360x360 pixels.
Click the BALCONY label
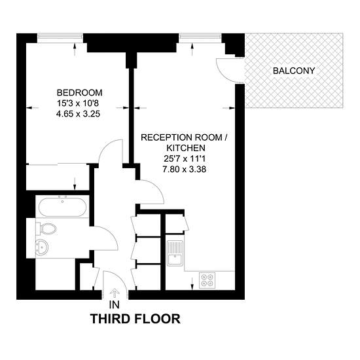[x=294, y=71]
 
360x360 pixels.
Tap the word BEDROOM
[x=79, y=93]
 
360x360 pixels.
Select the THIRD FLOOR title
[x=135, y=319]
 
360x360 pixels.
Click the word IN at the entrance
[x=115, y=305]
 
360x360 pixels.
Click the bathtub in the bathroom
[x=62, y=207]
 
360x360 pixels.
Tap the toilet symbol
[x=46, y=228]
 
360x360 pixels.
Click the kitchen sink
[x=175, y=253]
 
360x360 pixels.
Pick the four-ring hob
[x=207, y=280]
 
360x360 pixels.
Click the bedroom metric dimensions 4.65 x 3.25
[x=78, y=114]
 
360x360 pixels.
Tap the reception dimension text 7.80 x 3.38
[x=185, y=170]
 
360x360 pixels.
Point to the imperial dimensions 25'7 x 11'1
[x=185, y=158]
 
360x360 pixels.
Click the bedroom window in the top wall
[x=60, y=36]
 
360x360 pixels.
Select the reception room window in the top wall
[x=200, y=36]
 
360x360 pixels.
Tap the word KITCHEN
[x=186, y=148]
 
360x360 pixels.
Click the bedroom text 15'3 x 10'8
[x=78, y=103]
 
